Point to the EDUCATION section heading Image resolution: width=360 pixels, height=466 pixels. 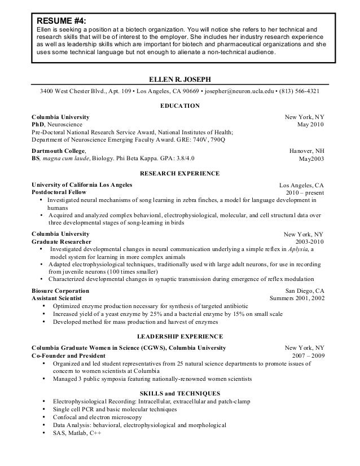tap(180, 105)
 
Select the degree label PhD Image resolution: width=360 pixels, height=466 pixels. tap(39, 124)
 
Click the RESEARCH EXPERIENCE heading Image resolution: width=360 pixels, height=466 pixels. tap(180, 173)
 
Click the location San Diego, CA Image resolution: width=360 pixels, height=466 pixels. tap(305, 290)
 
